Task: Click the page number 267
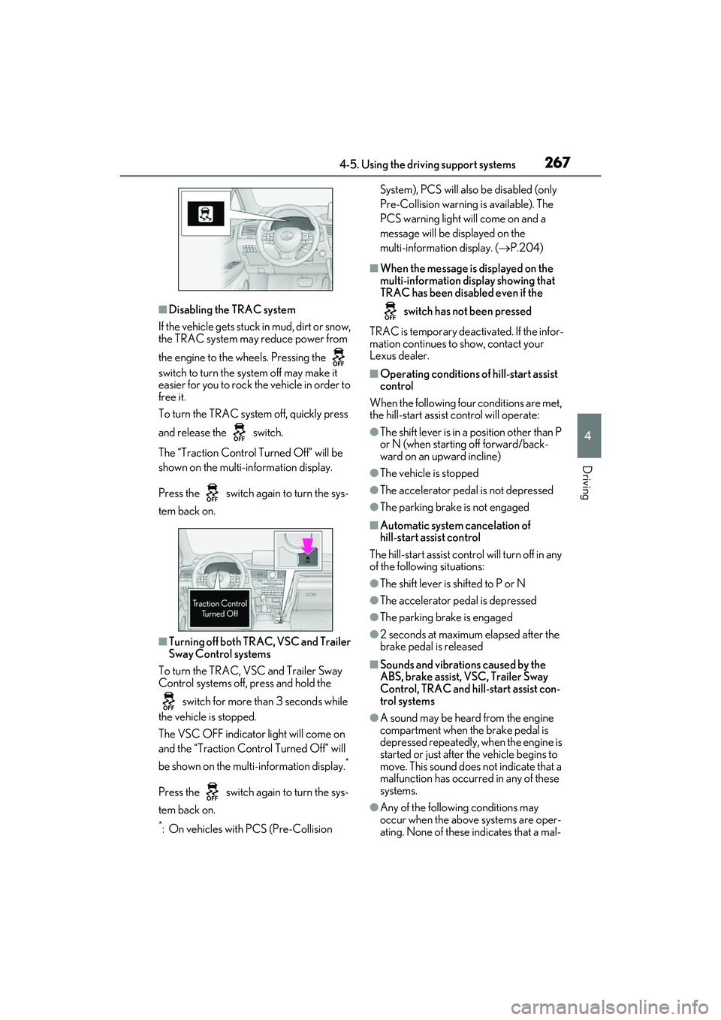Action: point(557,162)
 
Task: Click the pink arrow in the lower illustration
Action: point(308,545)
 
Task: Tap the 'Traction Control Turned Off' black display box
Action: point(219,608)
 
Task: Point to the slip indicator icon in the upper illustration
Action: point(206,213)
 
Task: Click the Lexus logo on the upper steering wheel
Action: point(286,236)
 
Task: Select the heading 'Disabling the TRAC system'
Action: point(232,309)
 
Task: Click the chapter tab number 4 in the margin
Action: point(588,436)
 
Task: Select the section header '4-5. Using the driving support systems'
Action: point(427,164)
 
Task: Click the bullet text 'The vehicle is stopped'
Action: point(430,473)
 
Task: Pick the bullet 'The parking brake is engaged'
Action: point(446,617)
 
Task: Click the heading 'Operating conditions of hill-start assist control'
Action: point(469,380)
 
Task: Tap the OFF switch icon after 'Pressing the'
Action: point(338,357)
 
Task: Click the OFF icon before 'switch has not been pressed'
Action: point(390,310)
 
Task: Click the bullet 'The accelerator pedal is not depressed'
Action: point(466,490)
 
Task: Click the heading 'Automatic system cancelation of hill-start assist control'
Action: point(455,531)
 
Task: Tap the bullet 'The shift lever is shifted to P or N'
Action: point(452,584)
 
